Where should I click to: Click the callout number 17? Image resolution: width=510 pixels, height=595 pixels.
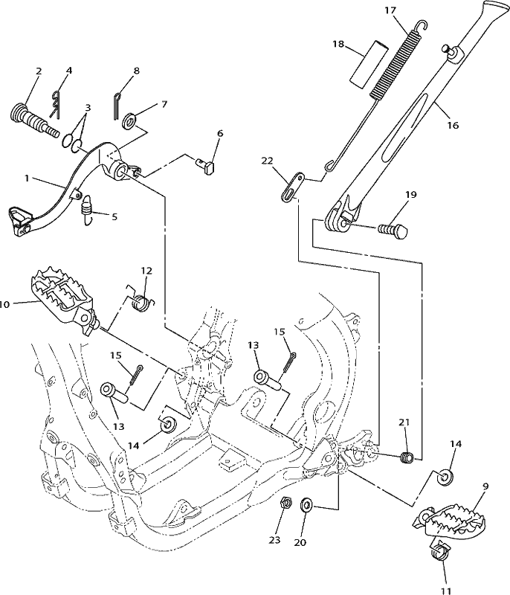[390, 10]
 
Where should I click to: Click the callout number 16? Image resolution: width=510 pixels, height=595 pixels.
[453, 125]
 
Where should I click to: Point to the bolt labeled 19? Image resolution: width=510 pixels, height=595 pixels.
[393, 231]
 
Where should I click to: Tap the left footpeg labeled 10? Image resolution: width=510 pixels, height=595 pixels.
[64, 302]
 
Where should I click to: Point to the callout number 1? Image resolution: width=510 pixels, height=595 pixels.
[27, 178]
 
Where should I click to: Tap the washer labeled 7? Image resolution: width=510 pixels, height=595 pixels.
[130, 121]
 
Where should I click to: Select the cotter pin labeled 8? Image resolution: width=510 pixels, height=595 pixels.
[117, 106]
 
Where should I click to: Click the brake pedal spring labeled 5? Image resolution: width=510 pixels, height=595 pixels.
[87, 210]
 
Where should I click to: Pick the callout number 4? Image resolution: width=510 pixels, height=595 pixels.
[68, 70]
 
